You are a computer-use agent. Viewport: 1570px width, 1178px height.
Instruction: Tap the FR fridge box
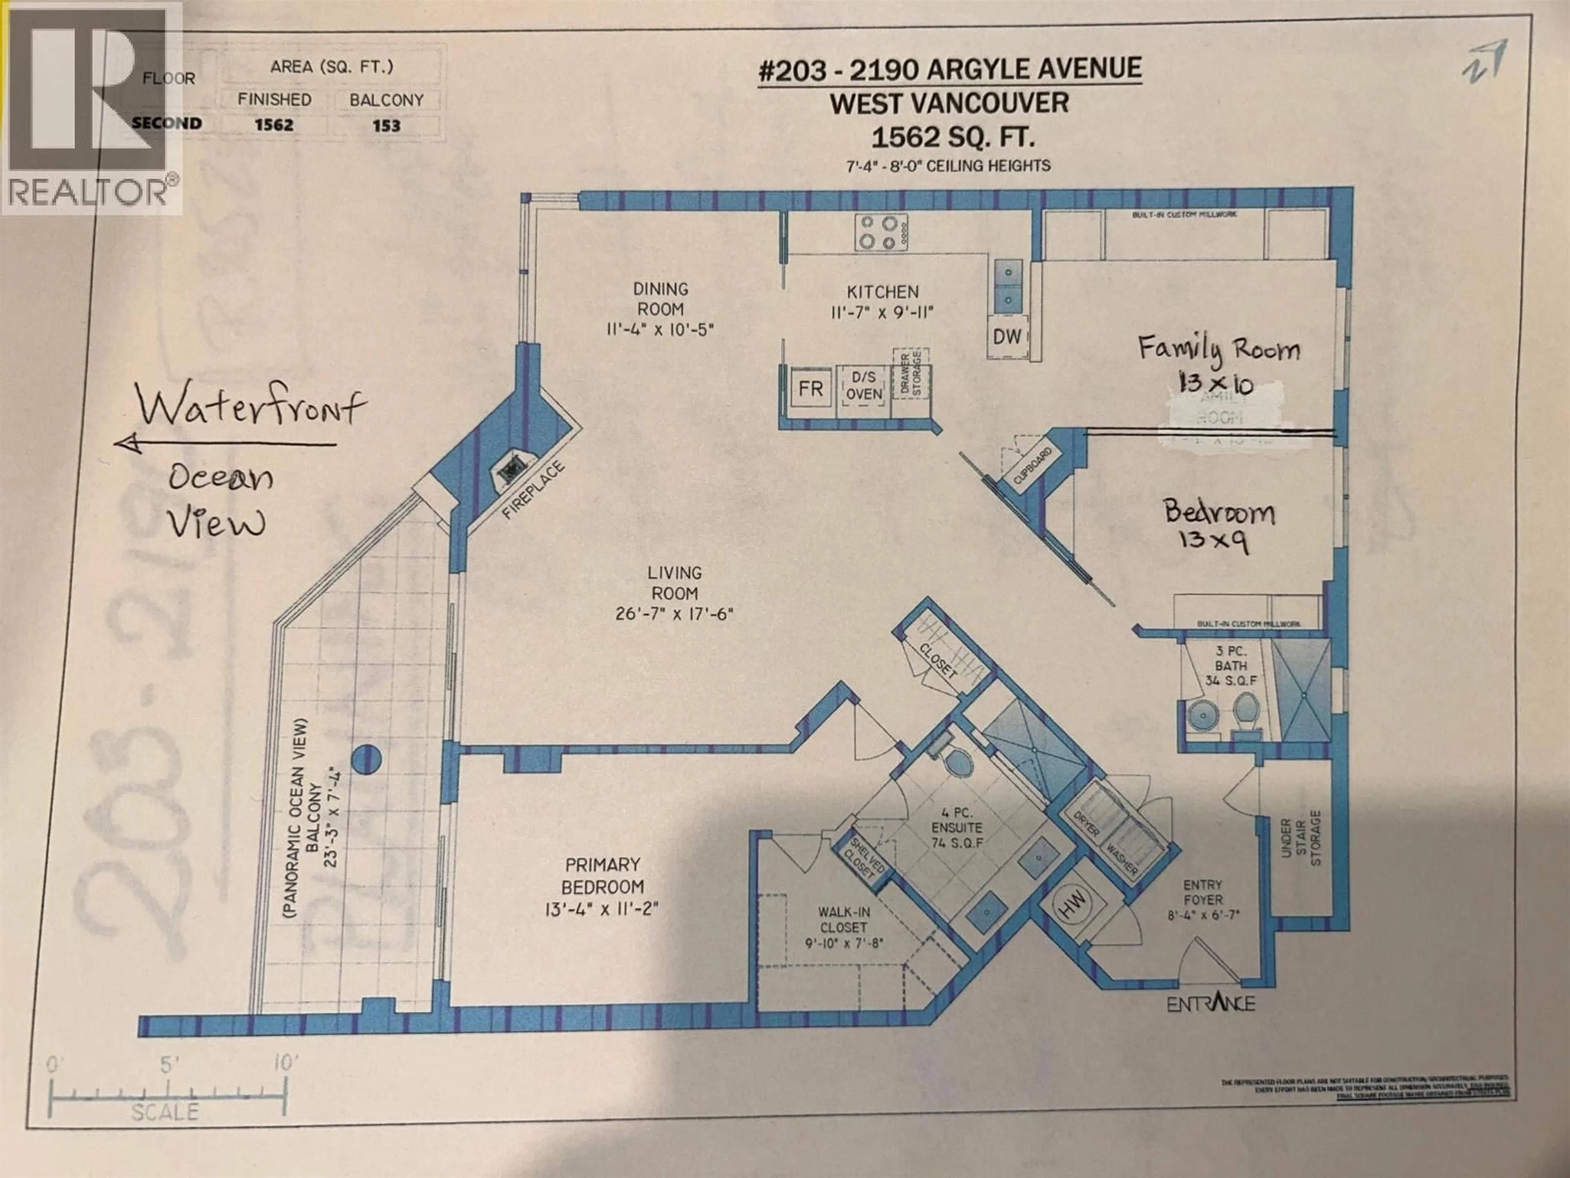pos(810,389)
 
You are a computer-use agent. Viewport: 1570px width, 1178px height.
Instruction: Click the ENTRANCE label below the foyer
pos(1211,1003)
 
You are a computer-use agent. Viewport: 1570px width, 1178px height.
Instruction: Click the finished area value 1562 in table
pos(274,125)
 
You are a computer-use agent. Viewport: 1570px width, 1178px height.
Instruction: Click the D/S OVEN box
pos(863,386)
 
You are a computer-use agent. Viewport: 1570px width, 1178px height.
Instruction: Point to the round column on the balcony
pos(367,760)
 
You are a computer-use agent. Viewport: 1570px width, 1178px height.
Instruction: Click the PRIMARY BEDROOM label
pos(603,875)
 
